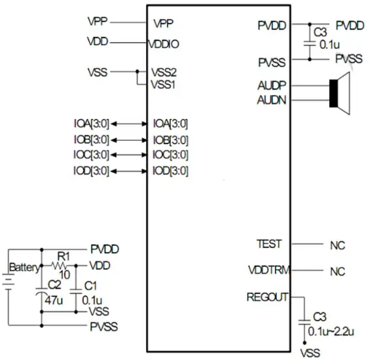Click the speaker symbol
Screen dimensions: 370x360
[339, 94]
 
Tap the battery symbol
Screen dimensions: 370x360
[9, 281]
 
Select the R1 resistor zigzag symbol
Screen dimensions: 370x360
[59, 266]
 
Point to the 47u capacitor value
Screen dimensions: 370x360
[54, 300]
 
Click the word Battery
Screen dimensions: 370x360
[24, 268]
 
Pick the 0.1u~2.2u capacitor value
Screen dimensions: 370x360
[331, 331]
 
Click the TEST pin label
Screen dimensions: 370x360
[269, 244]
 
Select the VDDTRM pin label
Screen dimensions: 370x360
[269, 270]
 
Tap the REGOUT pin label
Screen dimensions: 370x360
[267, 297]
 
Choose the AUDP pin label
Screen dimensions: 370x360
[272, 85]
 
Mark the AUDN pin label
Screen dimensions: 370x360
[272, 100]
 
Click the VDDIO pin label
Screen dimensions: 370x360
[163, 44]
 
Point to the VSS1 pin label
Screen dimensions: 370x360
[163, 84]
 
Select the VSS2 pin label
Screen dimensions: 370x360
[164, 73]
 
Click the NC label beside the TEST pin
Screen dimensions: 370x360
[338, 245]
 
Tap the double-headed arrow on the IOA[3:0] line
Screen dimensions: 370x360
[129, 124]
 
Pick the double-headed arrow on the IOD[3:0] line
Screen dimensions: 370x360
[129, 171]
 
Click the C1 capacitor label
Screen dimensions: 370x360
[90, 286]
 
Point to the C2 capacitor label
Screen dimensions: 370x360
[54, 285]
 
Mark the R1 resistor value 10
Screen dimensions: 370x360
[64, 275]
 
